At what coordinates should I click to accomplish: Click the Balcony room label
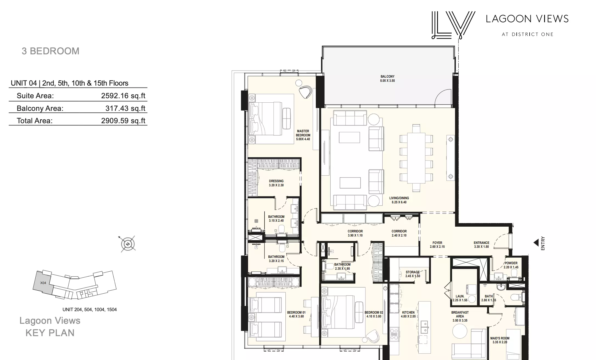coord(387,78)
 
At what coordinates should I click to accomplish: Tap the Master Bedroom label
coord(303,135)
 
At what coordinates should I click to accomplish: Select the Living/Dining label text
coord(399,200)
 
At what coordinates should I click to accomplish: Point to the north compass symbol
coord(128,244)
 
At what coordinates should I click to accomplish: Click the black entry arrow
coord(536,243)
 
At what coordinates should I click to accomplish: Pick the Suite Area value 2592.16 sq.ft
coord(123,95)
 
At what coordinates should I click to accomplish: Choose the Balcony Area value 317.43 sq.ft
coord(125,108)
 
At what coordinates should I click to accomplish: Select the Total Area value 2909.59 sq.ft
coord(123,120)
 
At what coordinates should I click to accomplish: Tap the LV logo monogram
coord(453,25)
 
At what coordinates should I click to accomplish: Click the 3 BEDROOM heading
coord(50,51)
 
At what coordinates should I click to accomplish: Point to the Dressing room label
coord(276,183)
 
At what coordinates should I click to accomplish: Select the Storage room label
coord(413,274)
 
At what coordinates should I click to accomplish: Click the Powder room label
coord(511,265)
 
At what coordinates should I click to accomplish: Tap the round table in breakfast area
coord(460,331)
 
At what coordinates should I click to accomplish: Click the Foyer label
coord(437,245)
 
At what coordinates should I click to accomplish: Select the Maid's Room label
coord(500,340)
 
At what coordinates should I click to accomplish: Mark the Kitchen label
coord(408,314)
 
